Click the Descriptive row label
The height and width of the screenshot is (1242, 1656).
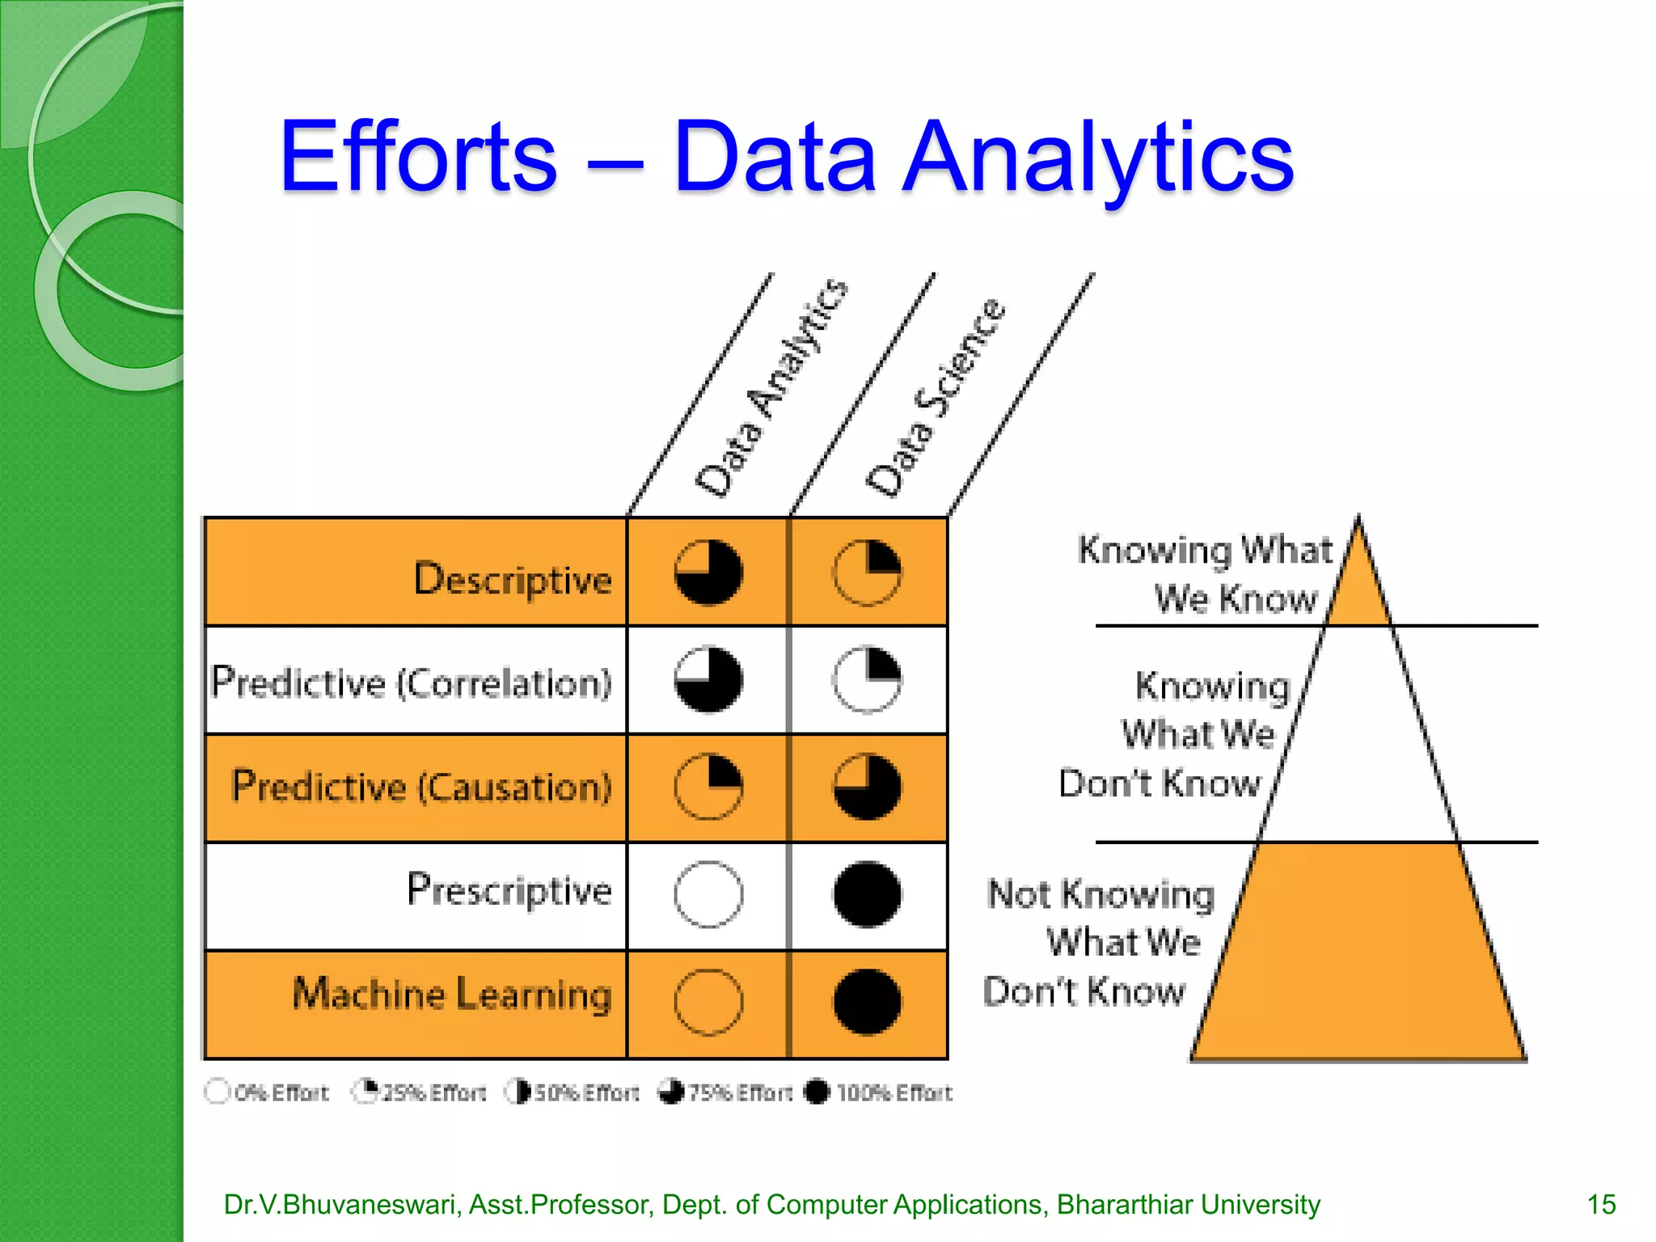513,579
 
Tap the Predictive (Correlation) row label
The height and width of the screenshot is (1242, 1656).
412,682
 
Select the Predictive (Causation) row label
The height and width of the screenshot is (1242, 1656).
422,787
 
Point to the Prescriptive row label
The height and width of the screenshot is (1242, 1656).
509,890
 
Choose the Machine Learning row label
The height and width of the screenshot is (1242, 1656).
452,994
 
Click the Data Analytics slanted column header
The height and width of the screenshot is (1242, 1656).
772,388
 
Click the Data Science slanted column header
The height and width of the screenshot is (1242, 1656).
936,396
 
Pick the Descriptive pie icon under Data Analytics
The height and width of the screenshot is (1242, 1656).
708,572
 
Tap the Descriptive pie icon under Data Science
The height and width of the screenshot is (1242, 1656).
867,572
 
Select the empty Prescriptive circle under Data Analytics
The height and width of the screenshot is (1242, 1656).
708,894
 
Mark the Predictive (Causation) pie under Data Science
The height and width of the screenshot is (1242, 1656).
867,787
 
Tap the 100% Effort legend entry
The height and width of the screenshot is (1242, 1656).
879,1092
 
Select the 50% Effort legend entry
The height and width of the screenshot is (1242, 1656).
572,1092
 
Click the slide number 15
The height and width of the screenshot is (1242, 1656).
1601,1204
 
